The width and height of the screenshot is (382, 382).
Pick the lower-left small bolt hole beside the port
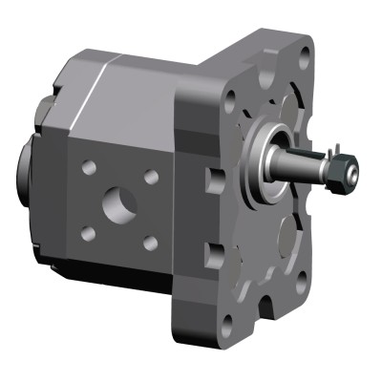pos(88,232)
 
